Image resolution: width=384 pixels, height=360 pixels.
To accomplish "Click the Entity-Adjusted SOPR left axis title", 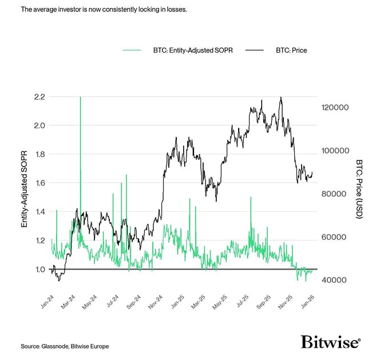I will click(25, 189).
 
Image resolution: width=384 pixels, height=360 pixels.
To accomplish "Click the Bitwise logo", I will click(331, 342).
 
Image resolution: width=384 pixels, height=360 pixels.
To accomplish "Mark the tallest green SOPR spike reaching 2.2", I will click(80, 98).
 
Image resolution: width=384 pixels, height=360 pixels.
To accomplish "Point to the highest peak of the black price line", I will click(281, 98).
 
